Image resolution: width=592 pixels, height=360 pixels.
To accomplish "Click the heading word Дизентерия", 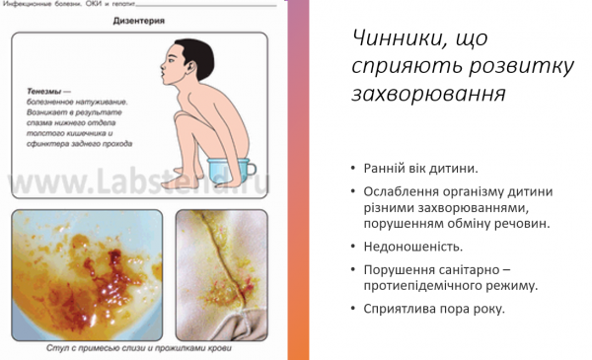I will pyautogui.click(x=138, y=20).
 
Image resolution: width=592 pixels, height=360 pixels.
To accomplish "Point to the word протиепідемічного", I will pyautogui.click(x=428, y=286).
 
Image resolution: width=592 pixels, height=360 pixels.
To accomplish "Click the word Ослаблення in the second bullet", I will pyautogui.click(x=404, y=190).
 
